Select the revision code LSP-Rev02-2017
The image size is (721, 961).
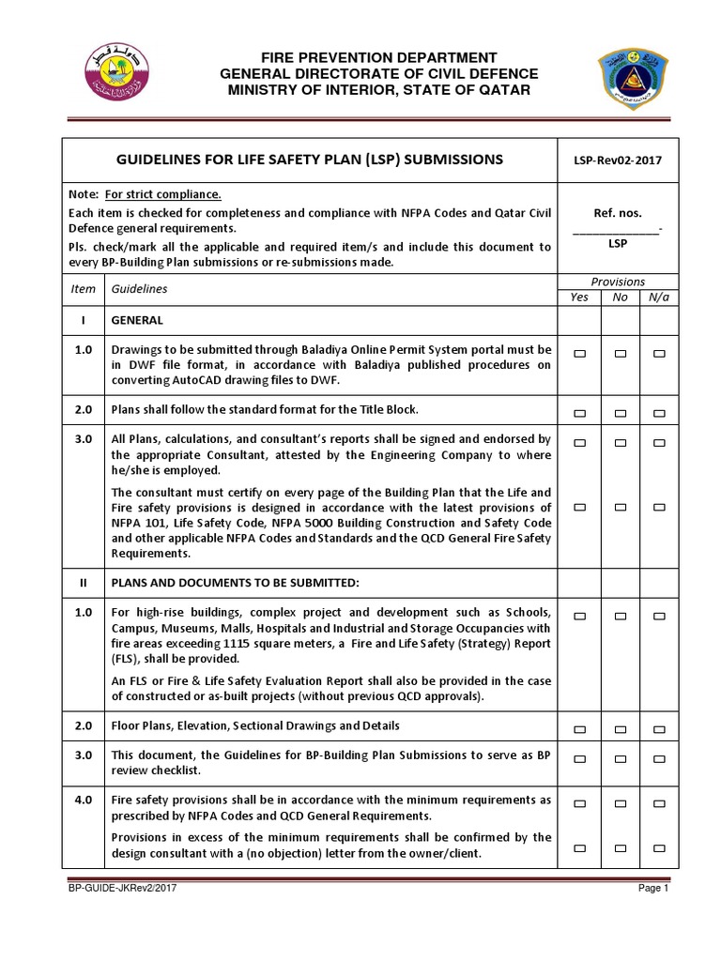(617, 160)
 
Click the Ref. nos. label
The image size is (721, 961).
(618, 213)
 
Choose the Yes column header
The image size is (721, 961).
(579, 297)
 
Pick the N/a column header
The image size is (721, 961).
(658, 297)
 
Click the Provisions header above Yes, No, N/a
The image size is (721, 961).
(618, 282)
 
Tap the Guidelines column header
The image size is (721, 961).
(139, 289)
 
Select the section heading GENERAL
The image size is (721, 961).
(137, 320)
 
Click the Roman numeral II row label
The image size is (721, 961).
(83, 582)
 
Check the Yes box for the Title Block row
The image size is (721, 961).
(579, 413)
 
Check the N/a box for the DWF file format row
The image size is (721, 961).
(659, 354)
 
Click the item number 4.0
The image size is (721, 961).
(83, 800)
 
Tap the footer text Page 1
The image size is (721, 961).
(652, 888)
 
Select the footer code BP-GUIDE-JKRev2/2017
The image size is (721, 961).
(122, 888)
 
